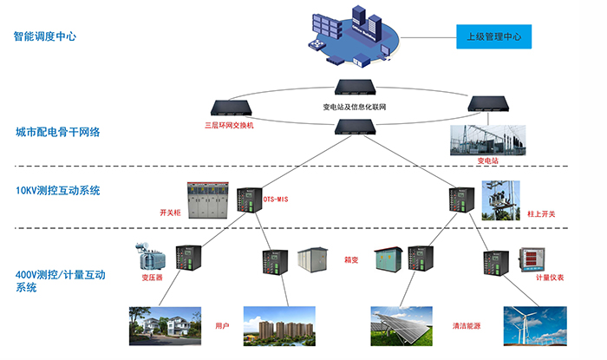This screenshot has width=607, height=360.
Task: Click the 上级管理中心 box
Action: (493, 37)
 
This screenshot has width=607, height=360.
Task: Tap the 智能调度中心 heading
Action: (45, 37)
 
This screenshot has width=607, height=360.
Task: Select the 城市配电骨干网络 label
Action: (58, 133)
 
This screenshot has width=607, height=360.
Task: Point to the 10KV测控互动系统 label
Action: (58, 190)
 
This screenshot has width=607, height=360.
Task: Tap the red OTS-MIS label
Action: (277, 200)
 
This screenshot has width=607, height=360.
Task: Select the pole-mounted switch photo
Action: (501, 200)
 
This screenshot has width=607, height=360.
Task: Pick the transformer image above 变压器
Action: (150, 256)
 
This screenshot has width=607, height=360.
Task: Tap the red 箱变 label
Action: (353, 258)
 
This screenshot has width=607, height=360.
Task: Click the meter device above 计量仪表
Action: (531, 259)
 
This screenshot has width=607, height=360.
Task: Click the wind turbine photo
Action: (534, 327)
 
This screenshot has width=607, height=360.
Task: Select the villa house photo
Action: (164, 326)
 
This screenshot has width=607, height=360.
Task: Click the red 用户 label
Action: (223, 326)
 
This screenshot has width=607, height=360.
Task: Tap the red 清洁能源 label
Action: (467, 326)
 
